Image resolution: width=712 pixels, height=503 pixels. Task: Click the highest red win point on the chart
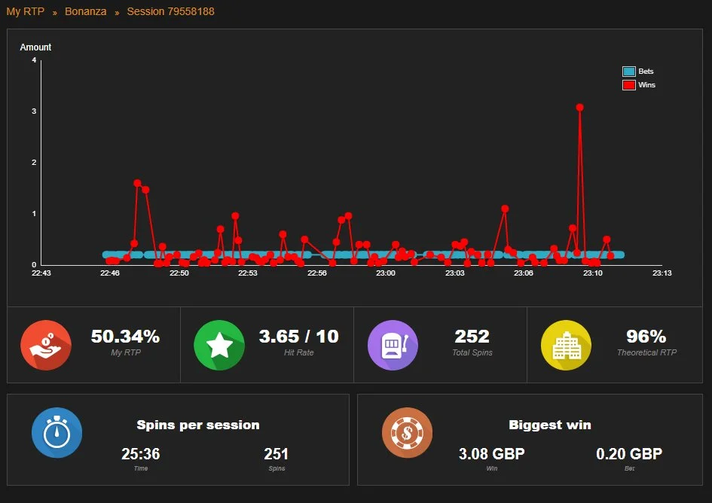[579, 108]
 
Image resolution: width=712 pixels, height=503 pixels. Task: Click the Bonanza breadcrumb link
[85, 11]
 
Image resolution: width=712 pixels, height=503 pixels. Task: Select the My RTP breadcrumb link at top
[26, 11]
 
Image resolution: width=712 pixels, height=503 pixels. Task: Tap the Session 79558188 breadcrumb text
[171, 11]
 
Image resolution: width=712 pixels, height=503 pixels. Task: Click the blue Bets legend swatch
[629, 72]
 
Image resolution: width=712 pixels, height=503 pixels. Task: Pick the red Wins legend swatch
[629, 85]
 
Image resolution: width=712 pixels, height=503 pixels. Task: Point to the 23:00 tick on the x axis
[386, 273]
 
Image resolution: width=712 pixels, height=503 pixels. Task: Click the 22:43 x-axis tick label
[41, 273]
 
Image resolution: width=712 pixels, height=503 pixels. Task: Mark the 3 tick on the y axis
[34, 111]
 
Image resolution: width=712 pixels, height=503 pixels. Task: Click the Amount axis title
[35, 47]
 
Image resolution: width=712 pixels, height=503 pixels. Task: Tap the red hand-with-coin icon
[46, 345]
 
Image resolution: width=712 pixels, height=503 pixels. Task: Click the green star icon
[219, 345]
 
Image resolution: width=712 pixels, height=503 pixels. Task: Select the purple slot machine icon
[393, 345]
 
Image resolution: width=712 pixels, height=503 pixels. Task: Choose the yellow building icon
[567, 345]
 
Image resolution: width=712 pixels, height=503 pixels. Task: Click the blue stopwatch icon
[57, 433]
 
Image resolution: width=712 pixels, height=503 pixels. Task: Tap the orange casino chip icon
[408, 433]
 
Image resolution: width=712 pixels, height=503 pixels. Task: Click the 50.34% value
[125, 337]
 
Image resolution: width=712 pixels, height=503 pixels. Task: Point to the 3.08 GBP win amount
[492, 453]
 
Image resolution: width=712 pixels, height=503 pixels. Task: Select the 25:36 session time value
[141, 453]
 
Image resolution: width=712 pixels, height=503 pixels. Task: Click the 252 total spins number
[472, 337]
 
